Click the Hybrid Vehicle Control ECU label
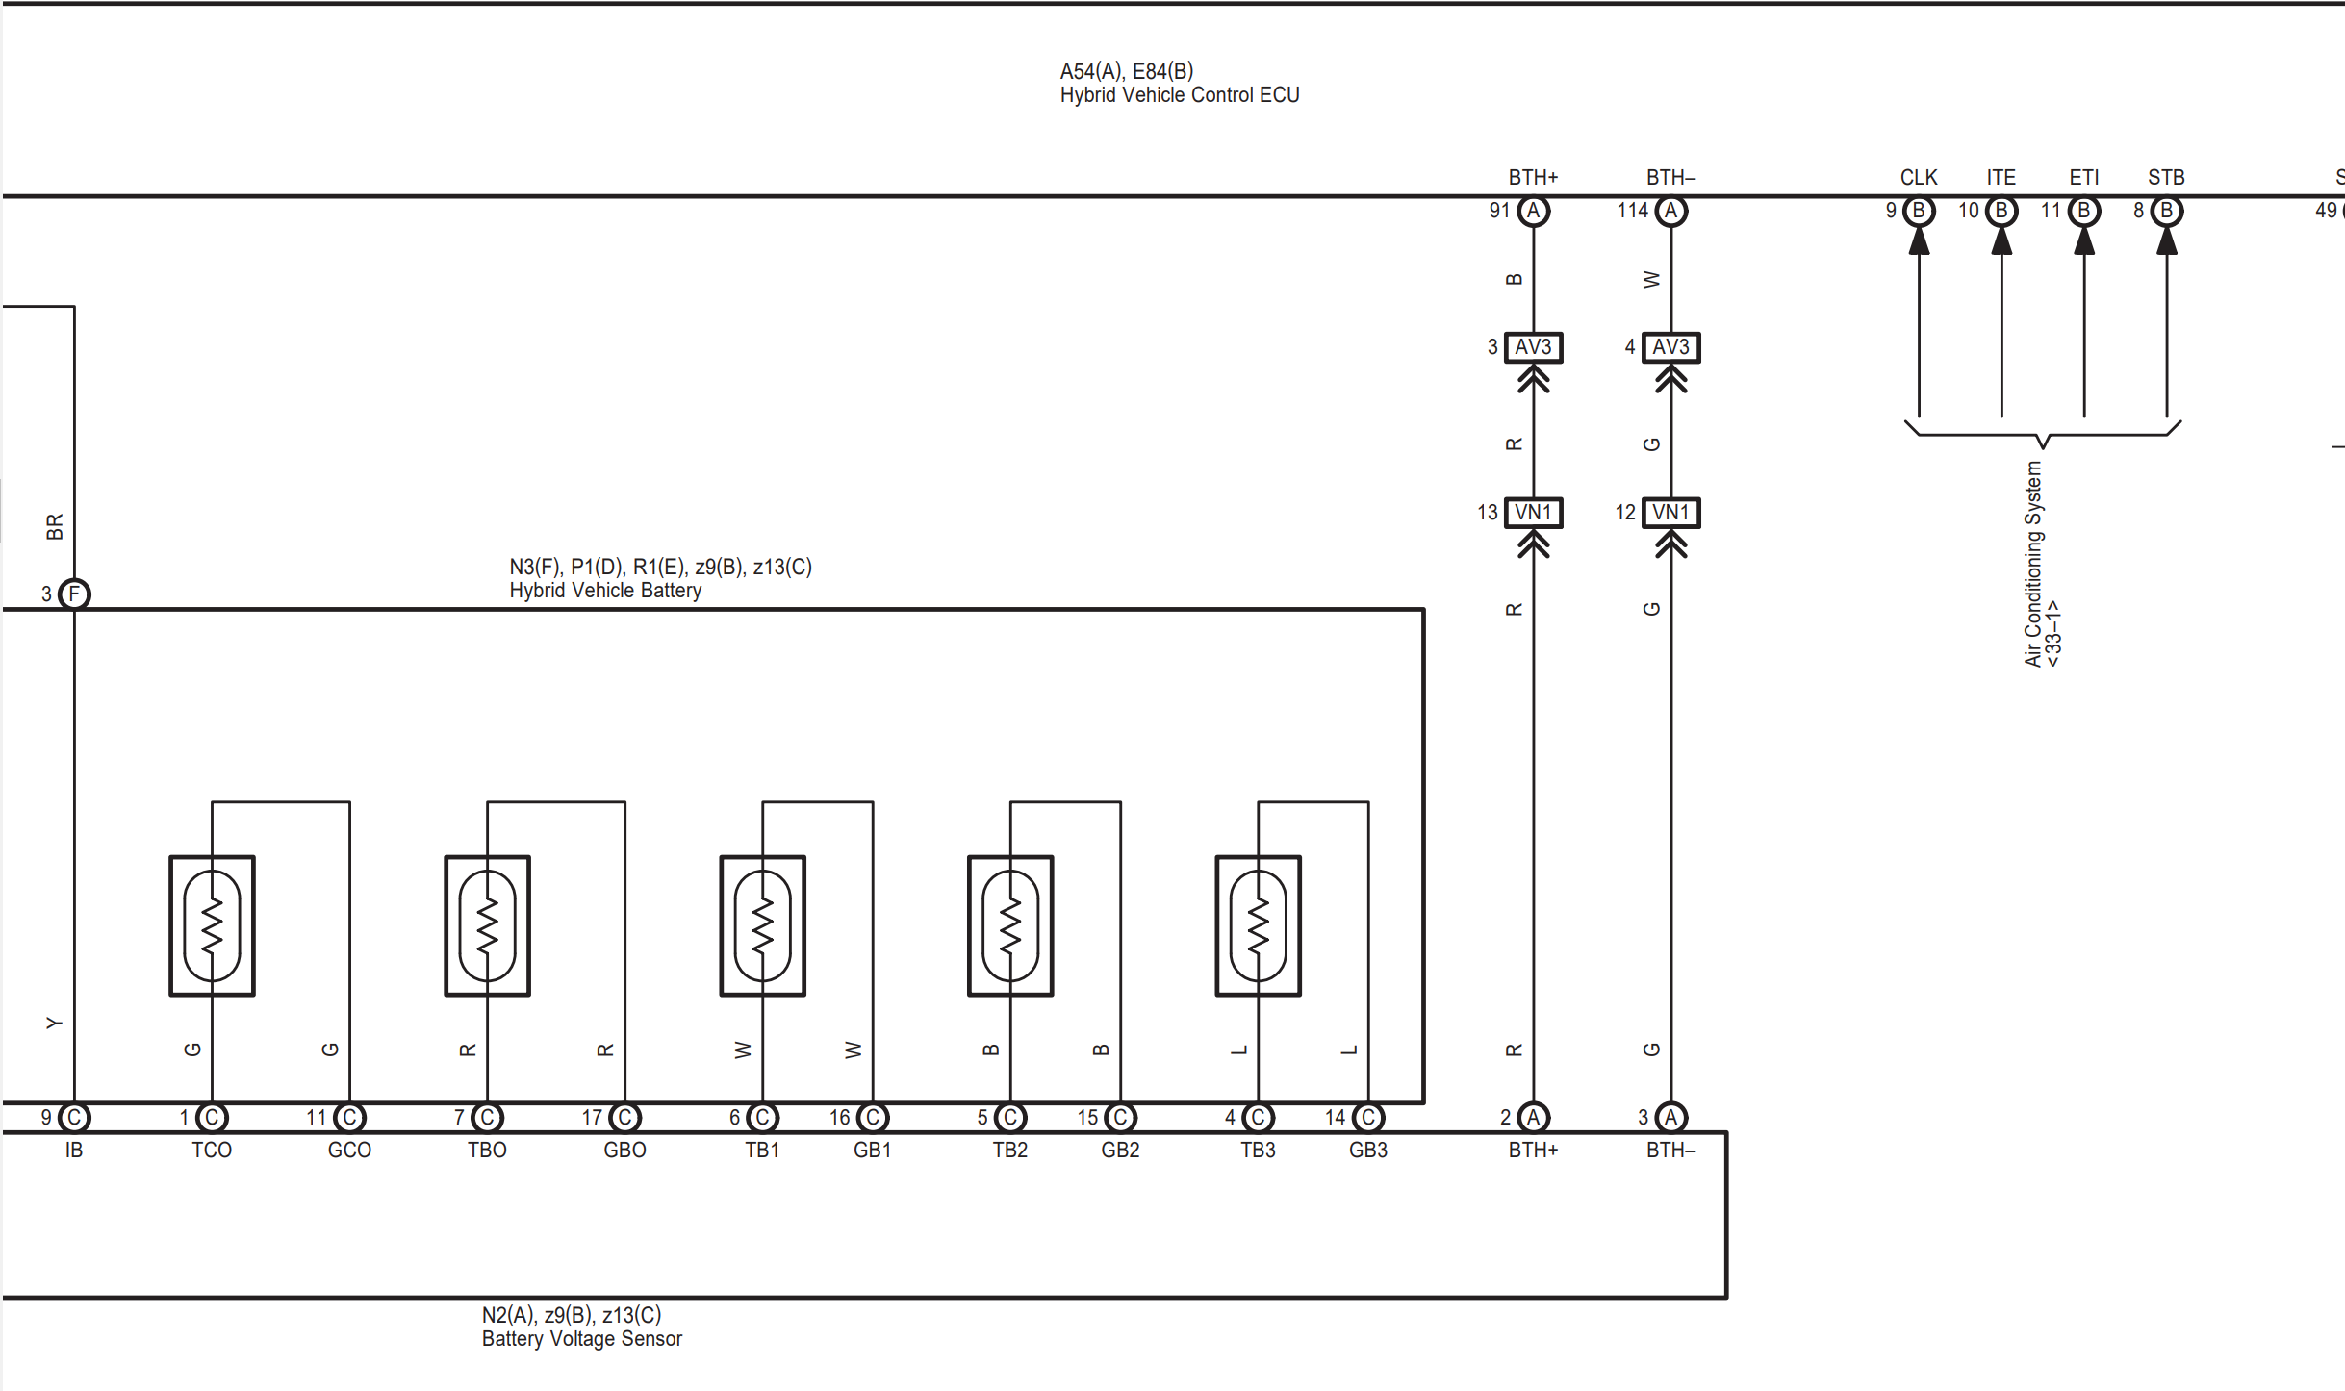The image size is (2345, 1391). [x=1179, y=95]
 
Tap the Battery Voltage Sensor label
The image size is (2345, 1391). [x=581, y=1338]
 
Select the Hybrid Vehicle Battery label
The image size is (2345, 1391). [x=605, y=590]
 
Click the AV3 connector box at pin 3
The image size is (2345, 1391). [x=1533, y=347]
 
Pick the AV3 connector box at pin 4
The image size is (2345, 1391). [x=1670, y=347]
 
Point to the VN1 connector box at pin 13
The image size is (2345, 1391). [x=1533, y=513]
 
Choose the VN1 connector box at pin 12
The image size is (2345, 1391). [x=1670, y=513]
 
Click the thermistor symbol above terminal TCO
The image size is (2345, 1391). [x=212, y=925]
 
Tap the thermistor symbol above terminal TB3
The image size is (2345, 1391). [x=1258, y=925]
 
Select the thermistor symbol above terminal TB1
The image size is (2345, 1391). [x=762, y=925]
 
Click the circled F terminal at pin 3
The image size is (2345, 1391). [x=74, y=594]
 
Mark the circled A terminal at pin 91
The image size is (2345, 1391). [x=1533, y=211]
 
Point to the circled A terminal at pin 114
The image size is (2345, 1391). [x=1670, y=211]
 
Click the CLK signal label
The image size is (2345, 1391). [x=1918, y=178]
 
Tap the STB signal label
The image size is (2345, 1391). [x=2166, y=178]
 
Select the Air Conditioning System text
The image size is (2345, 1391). [x=2032, y=564]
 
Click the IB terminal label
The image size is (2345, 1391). [x=74, y=1150]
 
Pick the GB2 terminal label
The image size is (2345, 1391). [x=1120, y=1150]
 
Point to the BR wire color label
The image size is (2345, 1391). [x=55, y=526]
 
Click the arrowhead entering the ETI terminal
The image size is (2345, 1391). [x=2084, y=241]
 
